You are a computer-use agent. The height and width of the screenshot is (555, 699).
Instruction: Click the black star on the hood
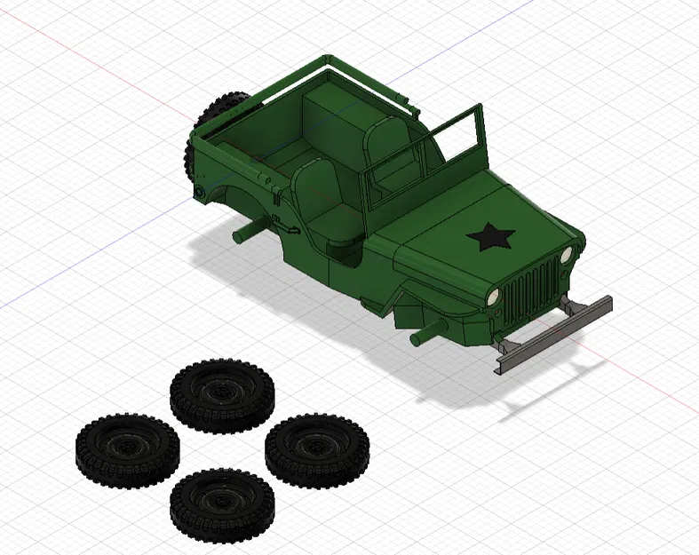click(489, 237)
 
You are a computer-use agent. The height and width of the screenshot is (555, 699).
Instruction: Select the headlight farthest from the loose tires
click(566, 255)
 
